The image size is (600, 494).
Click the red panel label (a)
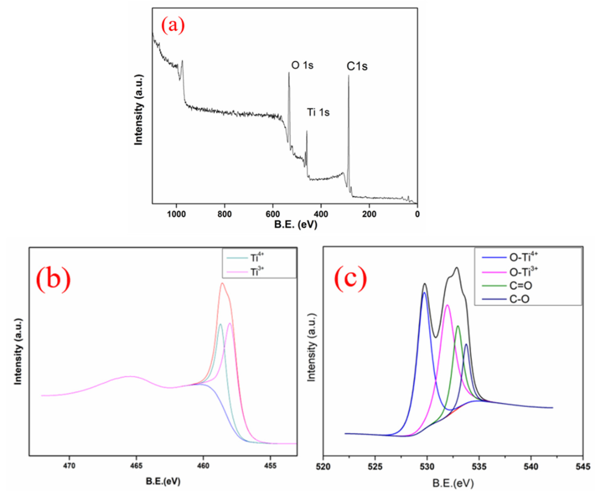tap(173, 26)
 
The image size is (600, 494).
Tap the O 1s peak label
tap(302, 65)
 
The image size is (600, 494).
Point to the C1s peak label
tap(357, 66)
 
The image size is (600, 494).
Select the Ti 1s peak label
tap(318, 112)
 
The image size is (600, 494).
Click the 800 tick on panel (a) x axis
tap(224, 214)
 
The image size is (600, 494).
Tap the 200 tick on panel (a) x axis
tap(369, 214)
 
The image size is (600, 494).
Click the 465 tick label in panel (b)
tap(136, 466)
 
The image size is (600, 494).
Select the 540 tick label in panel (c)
tap(531, 467)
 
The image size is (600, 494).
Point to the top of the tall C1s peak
tap(349, 76)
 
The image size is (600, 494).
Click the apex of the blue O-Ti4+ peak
tap(424, 293)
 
